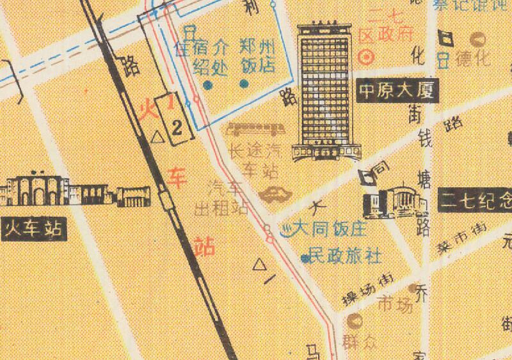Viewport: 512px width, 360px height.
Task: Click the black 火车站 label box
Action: click(35, 228)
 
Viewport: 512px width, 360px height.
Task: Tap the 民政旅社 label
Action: click(345, 257)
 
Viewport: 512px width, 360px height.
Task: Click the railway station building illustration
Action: click(77, 190)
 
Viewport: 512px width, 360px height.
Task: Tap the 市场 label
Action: click(396, 306)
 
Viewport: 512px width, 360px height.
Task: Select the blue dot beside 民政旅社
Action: click(305, 258)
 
